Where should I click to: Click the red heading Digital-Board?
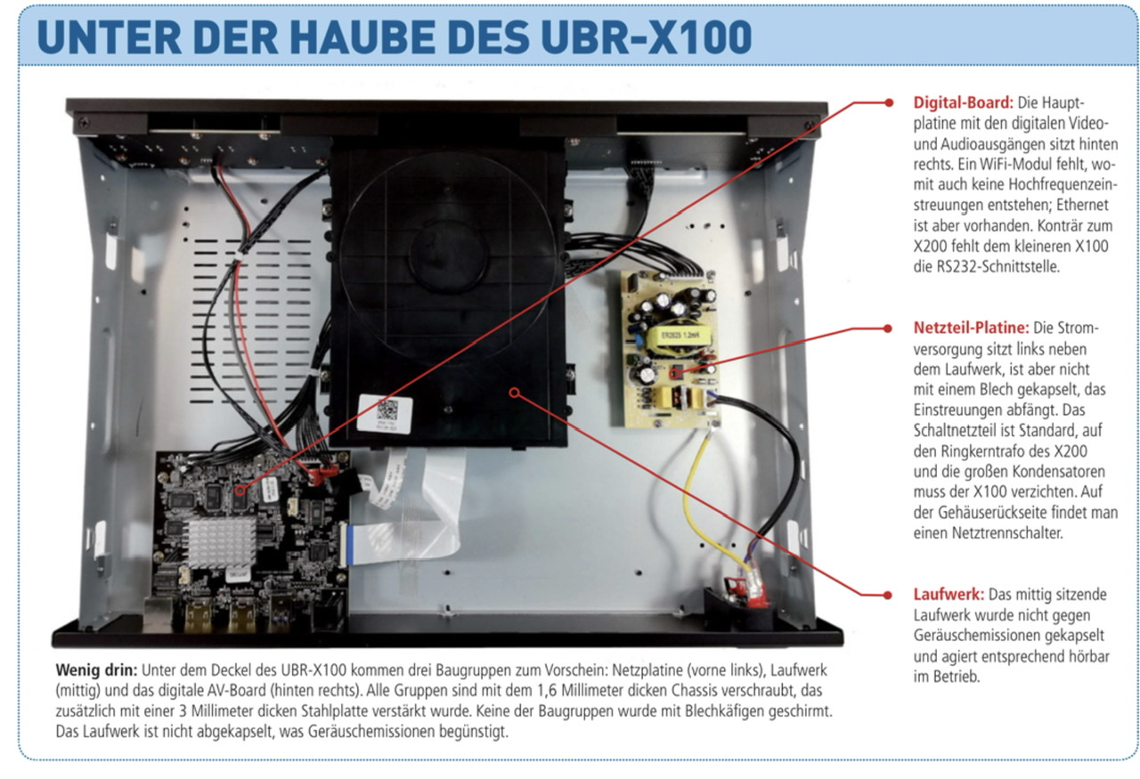963,102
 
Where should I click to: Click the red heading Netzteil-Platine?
971,328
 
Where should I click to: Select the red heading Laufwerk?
949,595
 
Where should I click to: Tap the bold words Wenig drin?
96,669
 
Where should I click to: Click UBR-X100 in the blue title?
646,37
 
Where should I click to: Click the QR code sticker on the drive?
385,414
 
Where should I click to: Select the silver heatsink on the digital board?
223,542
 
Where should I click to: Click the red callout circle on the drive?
515,393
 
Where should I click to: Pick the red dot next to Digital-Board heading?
889,102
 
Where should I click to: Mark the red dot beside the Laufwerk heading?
888,595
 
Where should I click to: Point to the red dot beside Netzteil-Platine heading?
888,329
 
